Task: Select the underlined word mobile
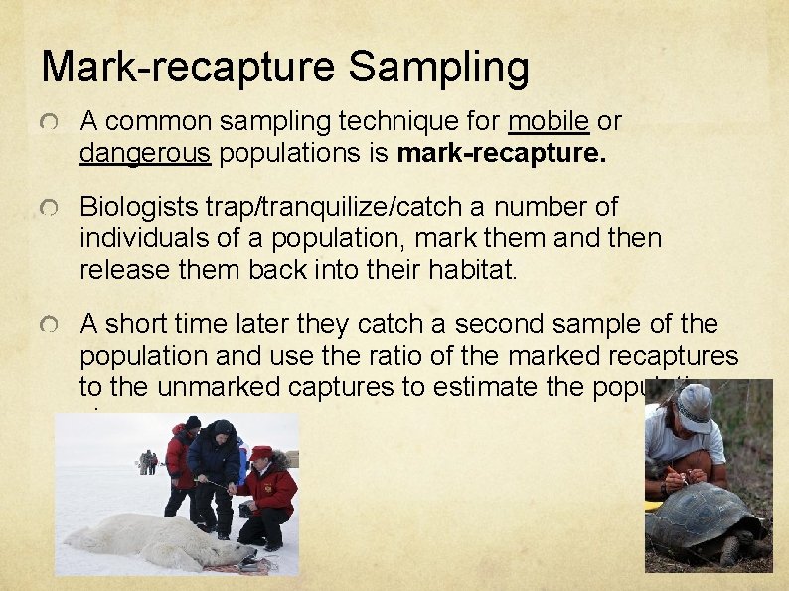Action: click(550, 122)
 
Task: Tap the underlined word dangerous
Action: click(144, 154)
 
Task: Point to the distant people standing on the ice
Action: click(148, 461)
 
